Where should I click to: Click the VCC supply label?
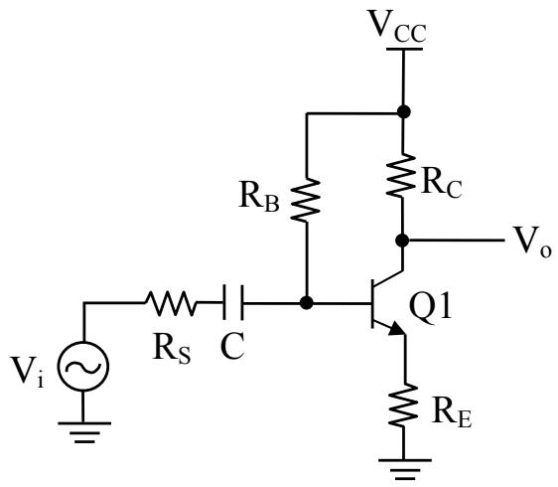(397, 26)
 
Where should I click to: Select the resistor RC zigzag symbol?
(401, 175)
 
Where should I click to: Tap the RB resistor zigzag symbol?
(306, 200)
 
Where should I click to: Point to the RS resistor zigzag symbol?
(171, 303)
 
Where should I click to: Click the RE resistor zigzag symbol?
(403, 406)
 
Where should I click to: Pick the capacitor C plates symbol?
(233, 302)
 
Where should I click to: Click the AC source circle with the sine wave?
(83, 366)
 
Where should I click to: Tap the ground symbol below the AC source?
(84, 432)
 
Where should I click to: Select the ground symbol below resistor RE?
(405, 469)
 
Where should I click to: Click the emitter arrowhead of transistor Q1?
(397, 328)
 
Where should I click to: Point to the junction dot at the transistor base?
(307, 303)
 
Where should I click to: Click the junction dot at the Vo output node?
(402, 241)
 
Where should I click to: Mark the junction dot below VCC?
(403, 112)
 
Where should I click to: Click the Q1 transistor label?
(430, 307)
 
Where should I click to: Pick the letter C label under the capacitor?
(232, 346)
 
